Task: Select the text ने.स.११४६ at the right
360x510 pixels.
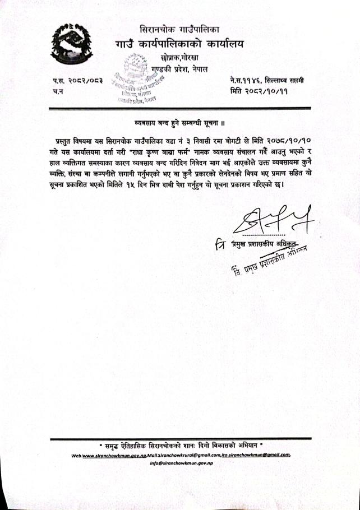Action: [244, 81]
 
